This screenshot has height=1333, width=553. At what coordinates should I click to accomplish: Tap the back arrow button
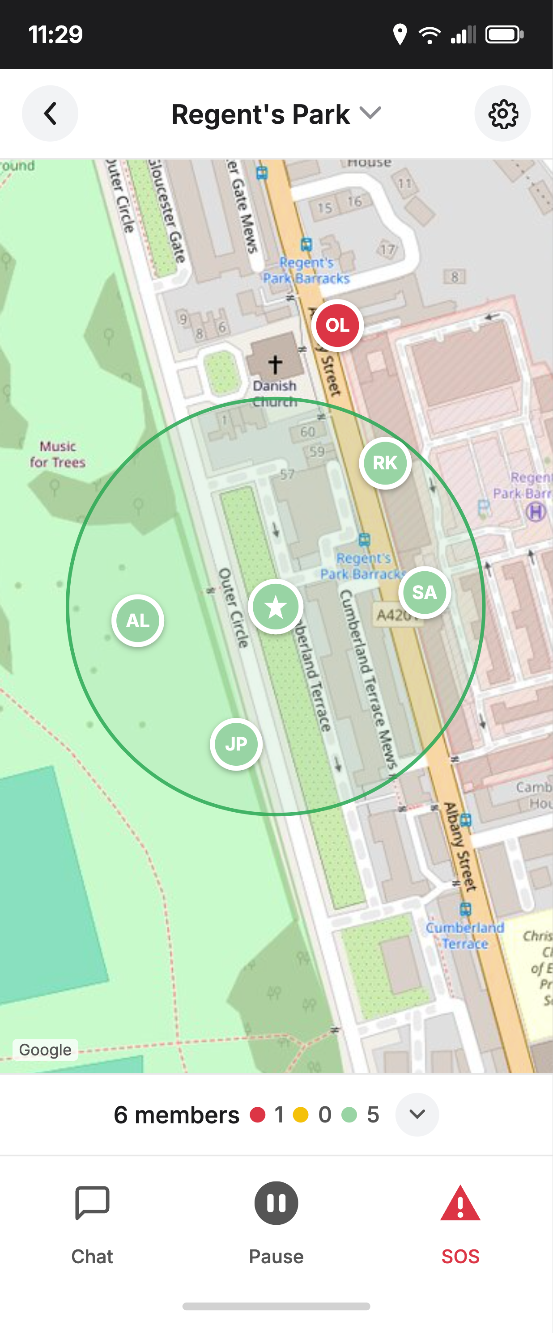coord(50,114)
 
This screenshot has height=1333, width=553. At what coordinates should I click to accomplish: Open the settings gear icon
coord(502,114)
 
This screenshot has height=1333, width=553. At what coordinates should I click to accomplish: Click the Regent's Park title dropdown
coord(276,114)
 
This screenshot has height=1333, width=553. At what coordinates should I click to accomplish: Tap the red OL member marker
coord(337,325)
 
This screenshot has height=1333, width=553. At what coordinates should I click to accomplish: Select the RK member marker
coord(385,463)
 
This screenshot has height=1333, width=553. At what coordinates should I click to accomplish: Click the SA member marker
coord(424,592)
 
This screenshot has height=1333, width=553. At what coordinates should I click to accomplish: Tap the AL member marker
coord(138,620)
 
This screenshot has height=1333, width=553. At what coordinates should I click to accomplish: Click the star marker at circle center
coord(276,607)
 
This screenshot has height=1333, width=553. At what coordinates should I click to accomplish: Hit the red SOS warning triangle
coord(460,1205)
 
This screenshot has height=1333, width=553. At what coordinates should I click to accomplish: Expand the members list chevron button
coord(417,1114)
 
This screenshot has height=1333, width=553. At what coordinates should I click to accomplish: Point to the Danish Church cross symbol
coord(275,364)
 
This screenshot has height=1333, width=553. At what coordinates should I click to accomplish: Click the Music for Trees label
coord(57,454)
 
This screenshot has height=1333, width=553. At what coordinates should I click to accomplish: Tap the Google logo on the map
coord(46,1050)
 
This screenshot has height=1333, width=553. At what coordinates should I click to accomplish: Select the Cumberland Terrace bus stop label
coord(464,935)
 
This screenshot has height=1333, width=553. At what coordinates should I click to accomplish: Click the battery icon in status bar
coord(504,35)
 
